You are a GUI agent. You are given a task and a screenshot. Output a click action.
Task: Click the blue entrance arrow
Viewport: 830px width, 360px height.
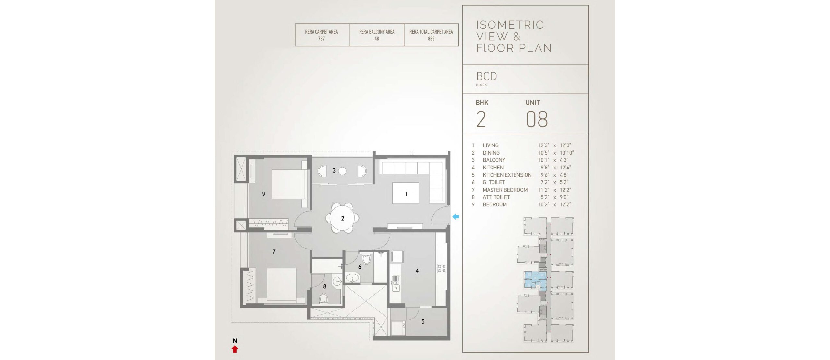456,217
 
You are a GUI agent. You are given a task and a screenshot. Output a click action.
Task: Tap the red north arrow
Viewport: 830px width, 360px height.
235,349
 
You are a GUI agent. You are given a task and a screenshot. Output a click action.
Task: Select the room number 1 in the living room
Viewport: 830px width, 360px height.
406,194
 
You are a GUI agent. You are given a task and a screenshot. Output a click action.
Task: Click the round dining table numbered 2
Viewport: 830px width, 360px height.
342,218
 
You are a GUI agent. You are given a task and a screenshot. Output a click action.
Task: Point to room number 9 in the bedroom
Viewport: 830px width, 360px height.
264,194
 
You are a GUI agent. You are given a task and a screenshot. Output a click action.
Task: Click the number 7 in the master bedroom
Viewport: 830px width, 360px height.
274,251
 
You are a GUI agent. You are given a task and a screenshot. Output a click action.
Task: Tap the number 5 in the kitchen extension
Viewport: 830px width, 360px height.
423,321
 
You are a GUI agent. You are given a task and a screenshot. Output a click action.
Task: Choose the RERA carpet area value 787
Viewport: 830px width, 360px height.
321,39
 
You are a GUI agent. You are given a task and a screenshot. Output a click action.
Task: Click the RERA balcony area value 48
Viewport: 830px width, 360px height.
377,39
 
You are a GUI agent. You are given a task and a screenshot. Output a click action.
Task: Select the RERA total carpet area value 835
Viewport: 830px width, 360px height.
431,39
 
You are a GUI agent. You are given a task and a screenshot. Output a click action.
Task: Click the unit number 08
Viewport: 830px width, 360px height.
537,119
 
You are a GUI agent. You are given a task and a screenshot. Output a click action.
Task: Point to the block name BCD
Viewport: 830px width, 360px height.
486,76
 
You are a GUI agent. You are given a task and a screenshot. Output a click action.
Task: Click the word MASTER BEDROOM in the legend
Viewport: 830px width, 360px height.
505,190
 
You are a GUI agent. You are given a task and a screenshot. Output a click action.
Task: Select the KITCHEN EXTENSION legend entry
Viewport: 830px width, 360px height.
507,175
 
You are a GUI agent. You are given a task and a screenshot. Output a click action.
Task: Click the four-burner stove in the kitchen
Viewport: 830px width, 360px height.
441,268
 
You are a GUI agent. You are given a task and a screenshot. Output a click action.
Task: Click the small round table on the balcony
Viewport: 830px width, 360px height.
342,171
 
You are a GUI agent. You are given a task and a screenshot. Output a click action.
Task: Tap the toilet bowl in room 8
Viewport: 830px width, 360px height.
324,298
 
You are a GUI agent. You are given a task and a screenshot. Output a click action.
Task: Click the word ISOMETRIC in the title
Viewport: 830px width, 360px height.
510,25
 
